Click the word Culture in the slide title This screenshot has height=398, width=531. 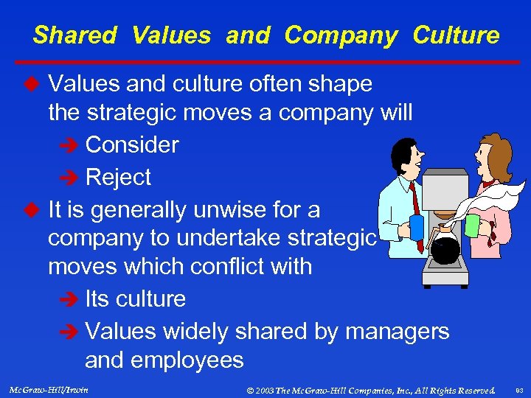(456, 35)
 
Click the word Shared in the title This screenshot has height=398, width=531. (74, 35)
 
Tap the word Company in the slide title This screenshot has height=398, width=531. (341, 35)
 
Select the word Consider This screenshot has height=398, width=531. (132, 144)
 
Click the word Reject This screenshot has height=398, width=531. (118, 177)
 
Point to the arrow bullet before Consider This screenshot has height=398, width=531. (69, 145)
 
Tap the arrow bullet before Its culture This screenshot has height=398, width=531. (69, 299)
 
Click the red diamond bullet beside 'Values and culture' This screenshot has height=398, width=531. (31, 84)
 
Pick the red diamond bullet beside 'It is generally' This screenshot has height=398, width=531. (31, 210)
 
